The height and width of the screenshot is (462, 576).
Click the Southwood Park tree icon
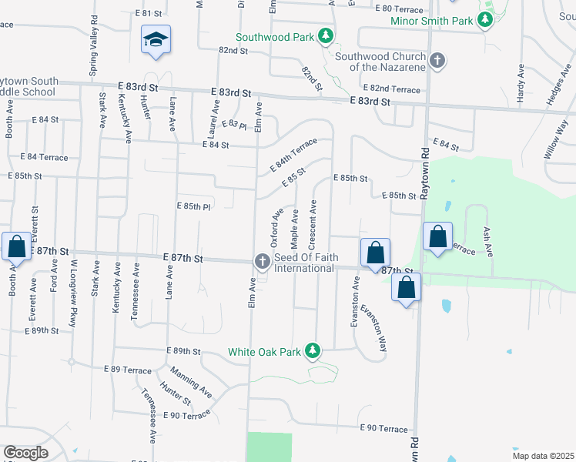326,35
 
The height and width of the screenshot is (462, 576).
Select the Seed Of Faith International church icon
262,262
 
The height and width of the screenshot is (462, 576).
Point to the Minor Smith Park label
430,22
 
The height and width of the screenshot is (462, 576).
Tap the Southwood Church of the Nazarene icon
437,60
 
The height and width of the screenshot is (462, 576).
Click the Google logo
25,453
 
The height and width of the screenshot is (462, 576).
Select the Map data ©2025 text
544,454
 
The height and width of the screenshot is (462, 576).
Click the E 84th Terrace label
293,155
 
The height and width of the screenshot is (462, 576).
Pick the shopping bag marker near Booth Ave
16,247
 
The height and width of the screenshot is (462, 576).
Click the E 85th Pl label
193,206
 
